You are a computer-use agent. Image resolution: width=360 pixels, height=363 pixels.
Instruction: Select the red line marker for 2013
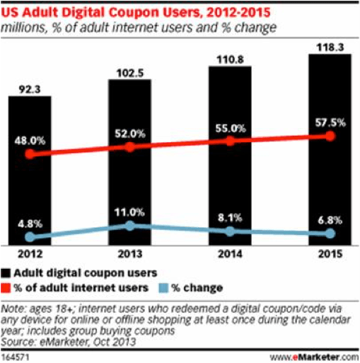[x=129, y=147]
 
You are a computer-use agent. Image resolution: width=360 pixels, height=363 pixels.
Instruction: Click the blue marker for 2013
[x=129, y=225]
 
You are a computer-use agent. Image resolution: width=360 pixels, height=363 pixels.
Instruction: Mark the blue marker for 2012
[x=29, y=236]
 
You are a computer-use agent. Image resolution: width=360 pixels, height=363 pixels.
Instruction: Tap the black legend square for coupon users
[x=8, y=271]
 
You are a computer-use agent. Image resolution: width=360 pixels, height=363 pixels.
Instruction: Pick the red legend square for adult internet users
[x=8, y=287]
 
